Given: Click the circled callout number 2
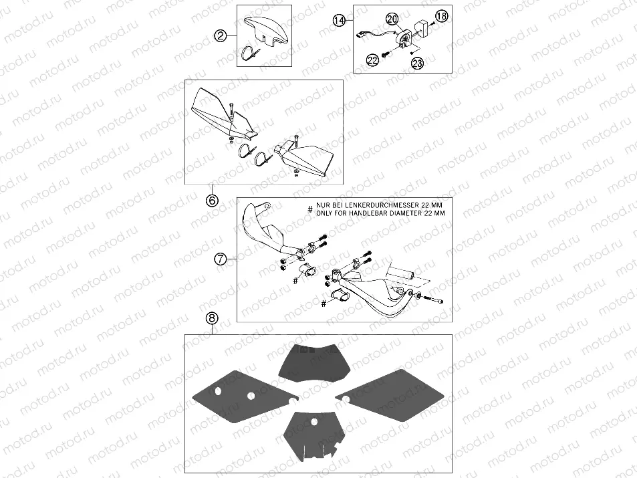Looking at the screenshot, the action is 221,37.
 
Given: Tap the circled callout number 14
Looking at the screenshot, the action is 340,19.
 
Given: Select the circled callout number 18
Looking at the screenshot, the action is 441,16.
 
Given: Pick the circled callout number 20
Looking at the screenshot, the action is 392,19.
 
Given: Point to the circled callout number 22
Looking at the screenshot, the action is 372,60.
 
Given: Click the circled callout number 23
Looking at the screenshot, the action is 417,63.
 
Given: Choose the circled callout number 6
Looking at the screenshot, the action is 212,200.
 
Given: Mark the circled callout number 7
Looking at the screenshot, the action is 221,259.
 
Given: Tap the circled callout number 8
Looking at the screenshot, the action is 212,319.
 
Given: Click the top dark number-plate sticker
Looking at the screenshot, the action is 311,362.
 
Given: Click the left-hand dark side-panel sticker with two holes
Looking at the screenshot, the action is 245,393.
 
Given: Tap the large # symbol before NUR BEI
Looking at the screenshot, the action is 309,209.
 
